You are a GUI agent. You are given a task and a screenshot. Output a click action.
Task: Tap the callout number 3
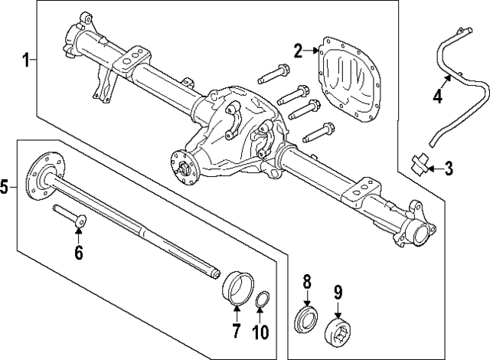[x=449, y=167]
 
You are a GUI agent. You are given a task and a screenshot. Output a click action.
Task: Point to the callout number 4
[x=437, y=97]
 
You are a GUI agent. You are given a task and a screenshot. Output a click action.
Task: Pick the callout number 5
[x=5, y=186]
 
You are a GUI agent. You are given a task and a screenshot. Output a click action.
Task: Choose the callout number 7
[x=234, y=331]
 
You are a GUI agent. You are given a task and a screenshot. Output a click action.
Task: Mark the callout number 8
[x=307, y=281]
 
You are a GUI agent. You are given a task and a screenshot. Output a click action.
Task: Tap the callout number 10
[x=260, y=331]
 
